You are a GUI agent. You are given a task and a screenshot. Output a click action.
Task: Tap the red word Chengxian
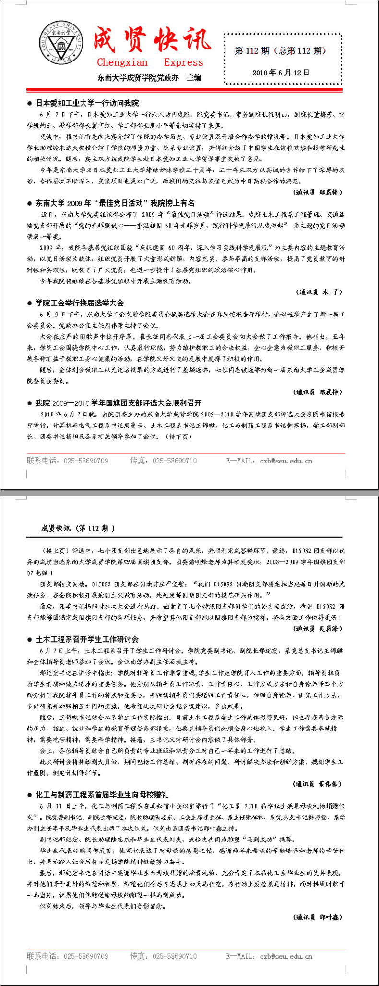(x=122, y=62)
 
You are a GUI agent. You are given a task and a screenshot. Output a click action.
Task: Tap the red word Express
(x=183, y=62)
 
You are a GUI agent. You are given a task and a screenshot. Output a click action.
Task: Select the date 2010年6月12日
(x=281, y=73)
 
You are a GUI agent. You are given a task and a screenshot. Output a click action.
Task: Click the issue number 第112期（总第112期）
(x=280, y=51)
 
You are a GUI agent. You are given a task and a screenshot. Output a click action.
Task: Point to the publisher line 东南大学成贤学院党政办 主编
(x=149, y=77)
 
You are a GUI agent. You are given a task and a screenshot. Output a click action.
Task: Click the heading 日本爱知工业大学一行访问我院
(x=87, y=103)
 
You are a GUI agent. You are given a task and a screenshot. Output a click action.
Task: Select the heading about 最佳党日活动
(x=115, y=203)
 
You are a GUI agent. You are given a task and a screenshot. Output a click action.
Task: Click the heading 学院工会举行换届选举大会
(x=80, y=303)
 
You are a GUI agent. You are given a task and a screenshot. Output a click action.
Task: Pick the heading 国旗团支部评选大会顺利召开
(x=118, y=403)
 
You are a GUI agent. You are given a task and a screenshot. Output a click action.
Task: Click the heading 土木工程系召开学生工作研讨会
(x=87, y=639)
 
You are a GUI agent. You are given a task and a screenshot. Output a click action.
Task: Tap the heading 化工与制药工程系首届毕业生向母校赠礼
(x=102, y=795)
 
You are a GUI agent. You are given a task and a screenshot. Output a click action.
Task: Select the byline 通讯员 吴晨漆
(x=318, y=628)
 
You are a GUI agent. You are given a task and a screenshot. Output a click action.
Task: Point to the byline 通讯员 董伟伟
(x=318, y=784)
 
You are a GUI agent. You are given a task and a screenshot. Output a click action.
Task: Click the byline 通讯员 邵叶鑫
(x=318, y=917)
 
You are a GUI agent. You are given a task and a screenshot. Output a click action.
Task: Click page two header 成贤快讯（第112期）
(x=78, y=528)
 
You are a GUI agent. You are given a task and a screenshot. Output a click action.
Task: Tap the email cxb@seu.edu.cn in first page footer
(x=286, y=461)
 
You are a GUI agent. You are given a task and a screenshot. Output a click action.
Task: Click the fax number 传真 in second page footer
(x=163, y=956)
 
